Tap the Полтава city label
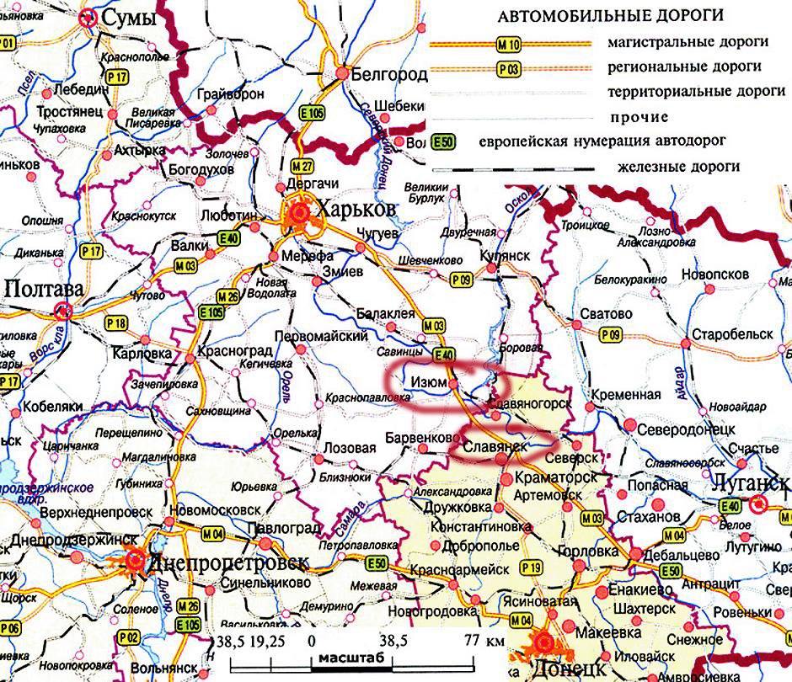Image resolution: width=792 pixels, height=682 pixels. coord(43,289)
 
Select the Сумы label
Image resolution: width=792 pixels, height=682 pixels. coord(128,18)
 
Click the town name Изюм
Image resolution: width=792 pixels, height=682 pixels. coord(428,382)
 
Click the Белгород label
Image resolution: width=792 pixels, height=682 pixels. coord(388,74)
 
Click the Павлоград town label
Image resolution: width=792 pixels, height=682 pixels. coord(283,529)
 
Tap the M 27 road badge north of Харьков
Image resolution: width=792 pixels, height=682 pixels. coord(302,164)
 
